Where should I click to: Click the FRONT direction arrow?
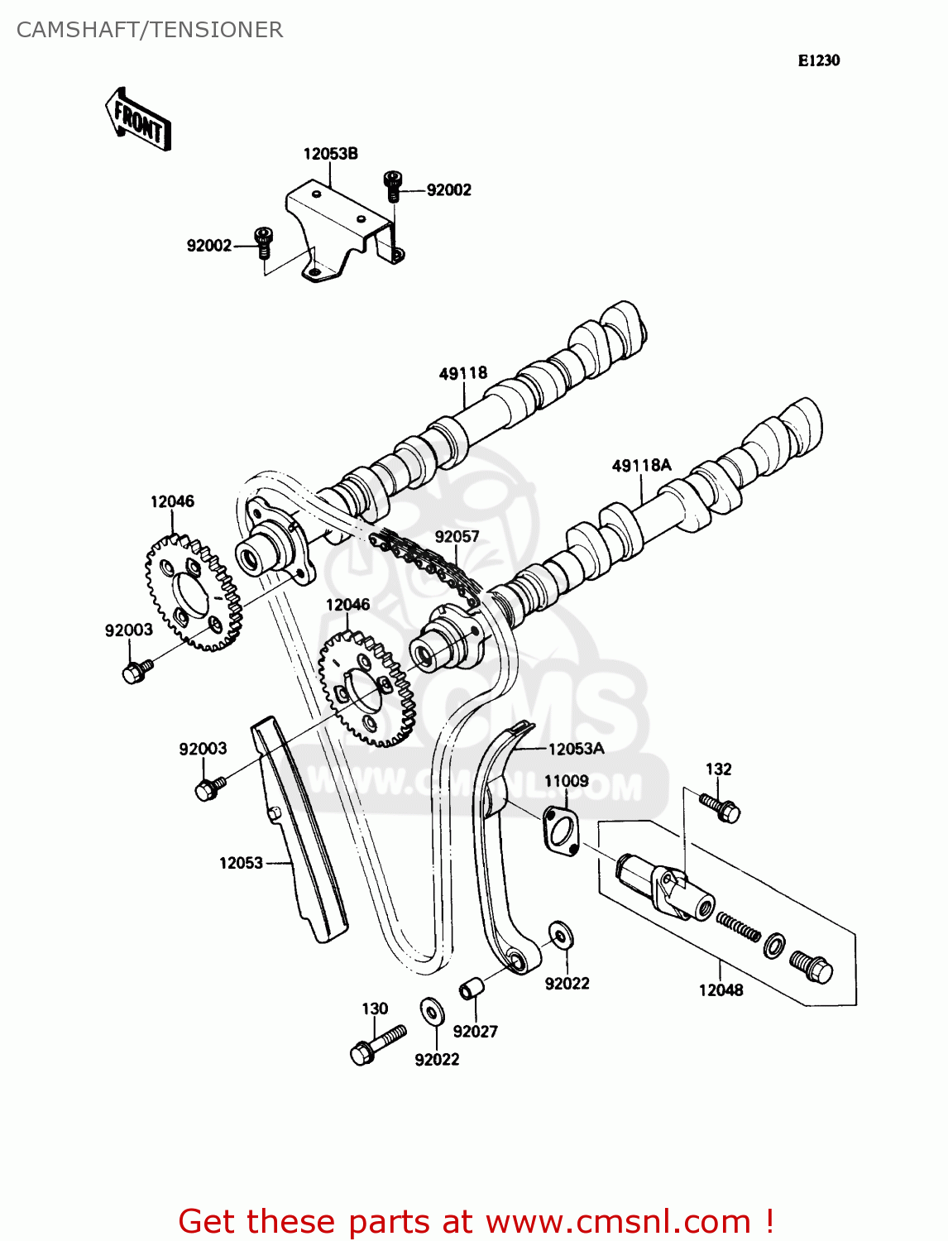(x=138, y=120)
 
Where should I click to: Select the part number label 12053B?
(x=330, y=154)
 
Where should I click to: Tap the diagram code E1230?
(x=818, y=60)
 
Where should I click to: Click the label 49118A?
(x=641, y=466)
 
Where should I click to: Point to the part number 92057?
(x=457, y=536)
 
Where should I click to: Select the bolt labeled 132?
(x=720, y=806)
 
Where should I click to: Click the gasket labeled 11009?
(x=561, y=831)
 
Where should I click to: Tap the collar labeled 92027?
(x=471, y=989)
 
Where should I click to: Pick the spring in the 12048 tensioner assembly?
(x=738, y=926)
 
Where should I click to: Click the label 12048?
(x=721, y=990)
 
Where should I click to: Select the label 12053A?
(x=576, y=749)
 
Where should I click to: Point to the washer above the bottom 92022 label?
(x=430, y=1010)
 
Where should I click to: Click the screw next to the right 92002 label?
(x=393, y=186)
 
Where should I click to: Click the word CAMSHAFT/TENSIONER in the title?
(x=150, y=30)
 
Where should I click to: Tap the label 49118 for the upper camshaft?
(x=462, y=373)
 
